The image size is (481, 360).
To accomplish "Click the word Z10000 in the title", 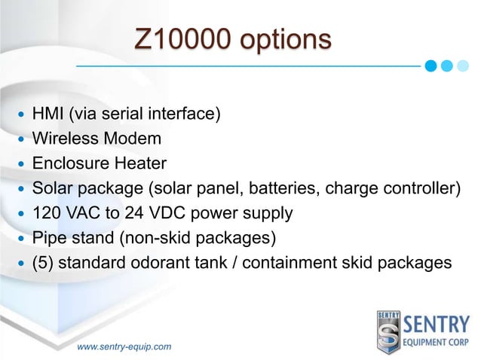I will pyautogui.click(x=179, y=38).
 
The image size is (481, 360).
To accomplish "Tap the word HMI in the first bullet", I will pyautogui.click(x=48, y=114).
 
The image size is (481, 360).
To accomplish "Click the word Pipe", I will pyautogui.click(x=47, y=238).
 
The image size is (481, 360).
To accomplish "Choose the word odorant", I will pyautogui.click(x=163, y=263).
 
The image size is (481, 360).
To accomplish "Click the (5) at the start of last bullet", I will pyautogui.click(x=43, y=263).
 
